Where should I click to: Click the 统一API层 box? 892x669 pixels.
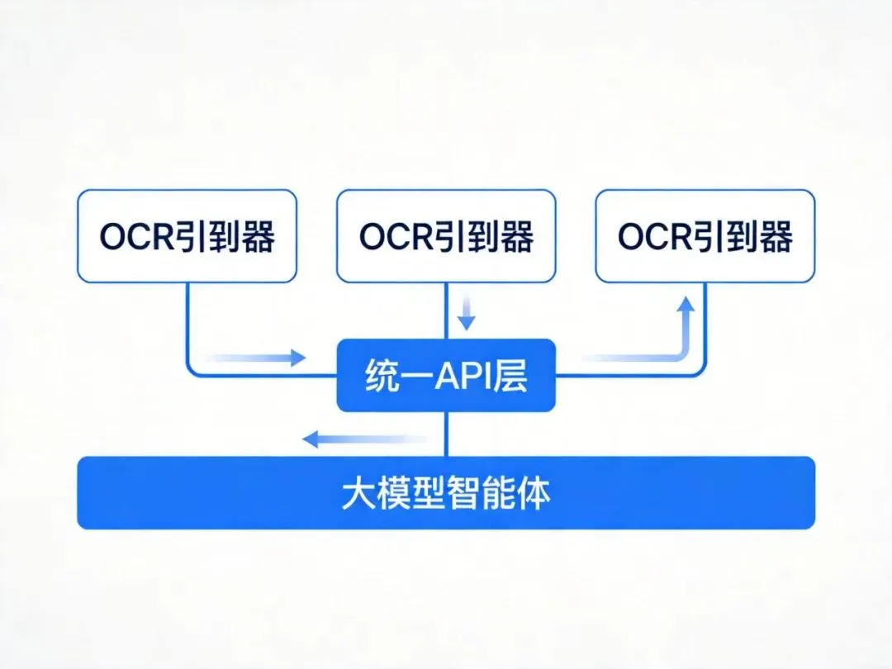click(x=446, y=375)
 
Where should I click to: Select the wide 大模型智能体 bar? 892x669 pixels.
click(x=446, y=493)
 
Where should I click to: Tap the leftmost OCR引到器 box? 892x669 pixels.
click(x=187, y=236)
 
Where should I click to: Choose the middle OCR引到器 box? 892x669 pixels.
click(x=446, y=236)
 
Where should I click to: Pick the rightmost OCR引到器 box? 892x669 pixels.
click(x=705, y=236)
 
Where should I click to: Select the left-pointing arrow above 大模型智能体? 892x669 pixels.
click(x=363, y=439)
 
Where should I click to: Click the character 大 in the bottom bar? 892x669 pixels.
click(x=357, y=494)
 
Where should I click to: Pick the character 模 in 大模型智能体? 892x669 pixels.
click(x=391, y=494)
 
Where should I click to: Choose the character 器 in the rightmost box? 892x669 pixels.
click(x=773, y=237)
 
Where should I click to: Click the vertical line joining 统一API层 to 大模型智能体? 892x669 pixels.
click(x=446, y=434)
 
